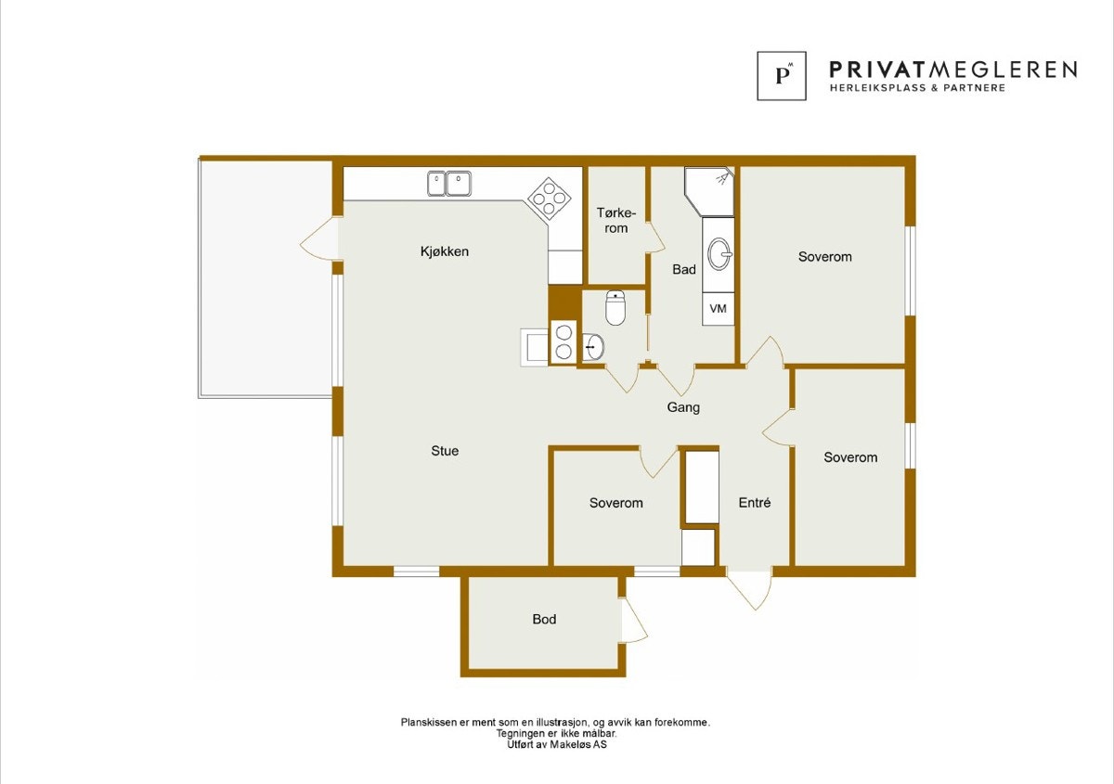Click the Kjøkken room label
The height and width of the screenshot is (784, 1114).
445,251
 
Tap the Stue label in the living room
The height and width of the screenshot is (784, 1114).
445,451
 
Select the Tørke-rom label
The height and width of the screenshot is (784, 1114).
616,221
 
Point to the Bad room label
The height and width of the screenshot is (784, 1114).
684,269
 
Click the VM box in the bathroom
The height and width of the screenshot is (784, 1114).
719,309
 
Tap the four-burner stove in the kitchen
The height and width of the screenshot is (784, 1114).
549,199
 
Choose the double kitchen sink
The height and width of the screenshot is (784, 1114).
449,184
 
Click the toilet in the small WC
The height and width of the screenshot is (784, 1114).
615,308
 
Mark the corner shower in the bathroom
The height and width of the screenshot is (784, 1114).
709,191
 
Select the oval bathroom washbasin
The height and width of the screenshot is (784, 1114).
719,254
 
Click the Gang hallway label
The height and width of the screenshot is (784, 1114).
683,407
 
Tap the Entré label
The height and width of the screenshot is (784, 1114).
755,503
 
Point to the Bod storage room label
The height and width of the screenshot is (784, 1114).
544,619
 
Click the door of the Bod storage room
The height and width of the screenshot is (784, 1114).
633,621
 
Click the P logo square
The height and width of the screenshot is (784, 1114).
782,76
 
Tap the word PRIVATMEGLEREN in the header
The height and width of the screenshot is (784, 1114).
952,71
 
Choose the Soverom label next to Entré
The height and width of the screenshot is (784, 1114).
615,503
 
